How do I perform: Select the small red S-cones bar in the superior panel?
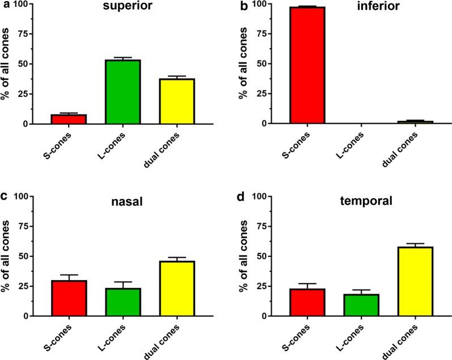tap(69, 118)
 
